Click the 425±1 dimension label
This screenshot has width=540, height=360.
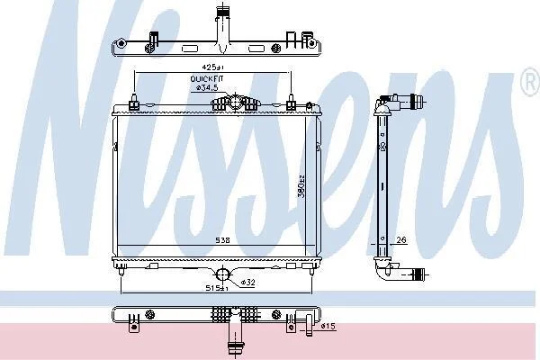point(212,67)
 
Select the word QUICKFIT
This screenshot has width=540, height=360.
point(207,79)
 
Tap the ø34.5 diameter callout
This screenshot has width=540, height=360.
point(207,88)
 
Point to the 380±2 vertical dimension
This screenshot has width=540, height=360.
point(301,186)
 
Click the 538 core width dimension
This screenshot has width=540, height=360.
point(222,240)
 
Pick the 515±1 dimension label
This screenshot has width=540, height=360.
point(217,288)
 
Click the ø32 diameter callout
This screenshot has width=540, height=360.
point(247,283)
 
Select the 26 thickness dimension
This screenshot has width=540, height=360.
point(401,239)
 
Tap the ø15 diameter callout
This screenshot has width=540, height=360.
point(328,326)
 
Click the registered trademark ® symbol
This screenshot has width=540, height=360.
point(531,82)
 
